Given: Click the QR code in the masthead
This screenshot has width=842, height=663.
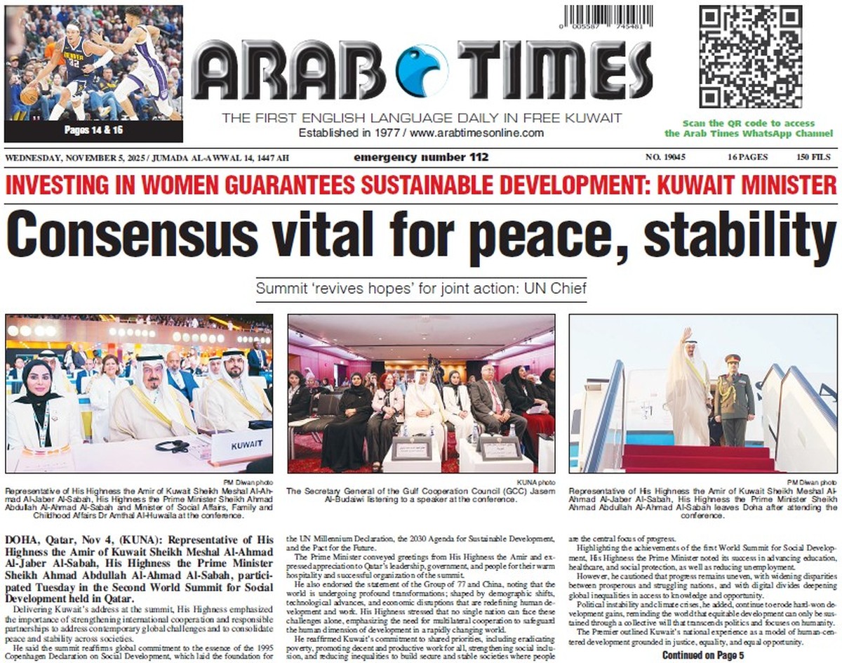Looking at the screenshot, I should (x=749, y=57).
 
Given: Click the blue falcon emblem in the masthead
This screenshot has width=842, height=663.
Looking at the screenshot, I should (x=421, y=70).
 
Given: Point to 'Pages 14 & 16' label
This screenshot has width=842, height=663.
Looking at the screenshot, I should (x=93, y=131).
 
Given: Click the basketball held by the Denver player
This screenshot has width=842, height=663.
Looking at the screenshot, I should (x=29, y=94).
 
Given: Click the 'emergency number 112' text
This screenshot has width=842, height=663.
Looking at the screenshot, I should (x=421, y=157).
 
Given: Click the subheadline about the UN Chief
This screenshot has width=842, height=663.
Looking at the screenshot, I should (x=421, y=289).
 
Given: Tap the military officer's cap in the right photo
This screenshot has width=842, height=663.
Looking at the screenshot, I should (x=733, y=358).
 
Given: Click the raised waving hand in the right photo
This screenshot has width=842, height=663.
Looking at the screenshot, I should (x=686, y=334).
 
